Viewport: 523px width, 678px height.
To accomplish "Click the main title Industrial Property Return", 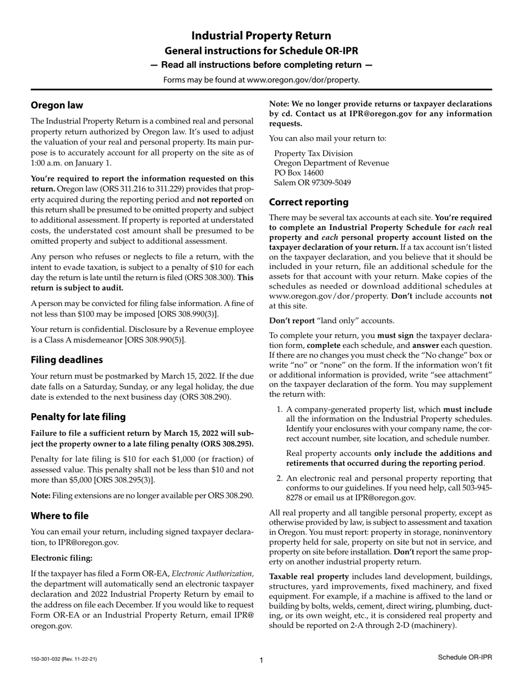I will [261, 36].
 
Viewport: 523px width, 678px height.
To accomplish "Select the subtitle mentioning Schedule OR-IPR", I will [261, 51].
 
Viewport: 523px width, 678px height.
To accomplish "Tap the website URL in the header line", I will [303, 80].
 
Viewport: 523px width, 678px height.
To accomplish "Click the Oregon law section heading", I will [57, 105].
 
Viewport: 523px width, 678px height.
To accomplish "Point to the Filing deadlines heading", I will [67, 360].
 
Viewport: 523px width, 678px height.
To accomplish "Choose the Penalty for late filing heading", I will [78, 417].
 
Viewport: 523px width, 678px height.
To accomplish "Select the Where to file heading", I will [59, 516].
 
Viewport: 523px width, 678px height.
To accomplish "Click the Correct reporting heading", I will [309, 202].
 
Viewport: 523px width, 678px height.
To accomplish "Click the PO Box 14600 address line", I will [300, 173].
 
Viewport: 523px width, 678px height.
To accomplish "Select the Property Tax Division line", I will [314, 153].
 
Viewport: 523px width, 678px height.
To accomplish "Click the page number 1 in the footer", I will [261, 660].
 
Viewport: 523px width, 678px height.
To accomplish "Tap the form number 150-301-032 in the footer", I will [48, 659].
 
